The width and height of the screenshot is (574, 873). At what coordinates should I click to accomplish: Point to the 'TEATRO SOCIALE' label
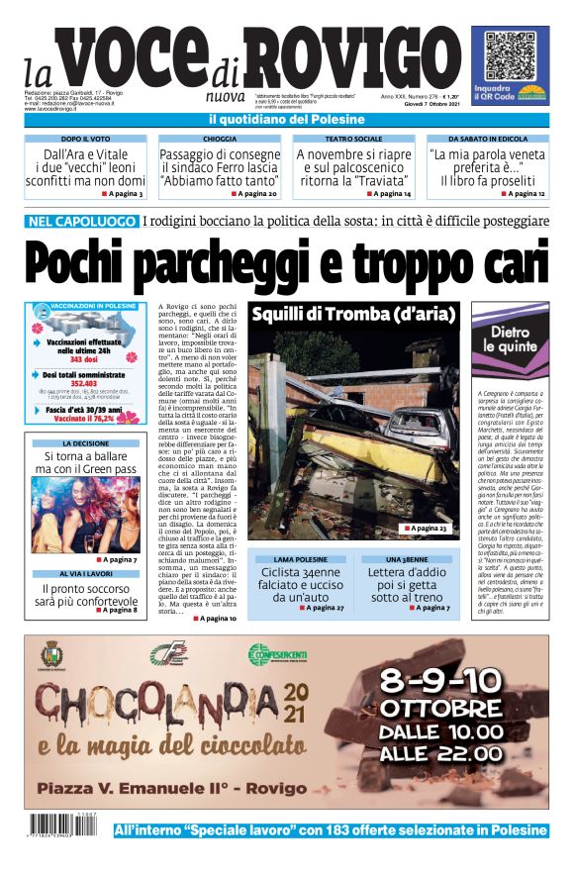pos(353,140)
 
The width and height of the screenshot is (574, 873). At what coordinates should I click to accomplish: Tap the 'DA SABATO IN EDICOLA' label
pos(487,140)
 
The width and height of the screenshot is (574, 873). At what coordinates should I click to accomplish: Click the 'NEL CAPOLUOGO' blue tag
pos(81,221)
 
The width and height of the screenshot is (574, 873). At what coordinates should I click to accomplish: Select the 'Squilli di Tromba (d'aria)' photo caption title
pos(351,315)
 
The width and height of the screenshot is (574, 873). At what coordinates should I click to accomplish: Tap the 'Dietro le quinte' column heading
pos(508,338)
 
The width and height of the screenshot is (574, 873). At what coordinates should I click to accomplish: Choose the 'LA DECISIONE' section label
pos(85,444)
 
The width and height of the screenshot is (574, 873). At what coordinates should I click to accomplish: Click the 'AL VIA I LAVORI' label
pos(85,574)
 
